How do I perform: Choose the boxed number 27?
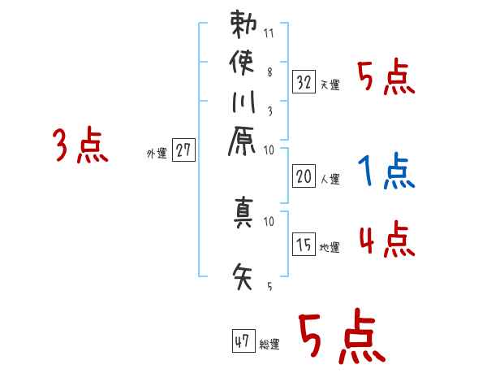(x=184, y=151)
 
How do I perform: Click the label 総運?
(x=269, y=344)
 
